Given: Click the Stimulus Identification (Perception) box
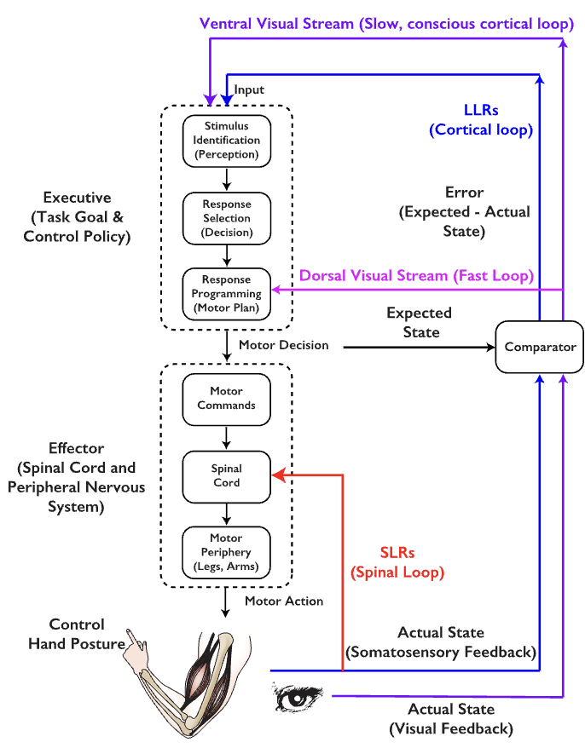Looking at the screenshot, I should click(x=226, y=141).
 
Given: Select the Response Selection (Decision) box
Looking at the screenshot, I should click(x=226, y=218).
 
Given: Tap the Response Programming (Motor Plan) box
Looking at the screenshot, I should click(x=226, y=293).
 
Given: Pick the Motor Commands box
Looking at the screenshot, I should click(x=226, y=399).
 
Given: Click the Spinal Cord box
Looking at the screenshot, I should click(x=226, y=475).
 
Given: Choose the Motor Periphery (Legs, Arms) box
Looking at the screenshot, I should click(x=226, y=552).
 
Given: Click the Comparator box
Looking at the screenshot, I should click(x=540, y=347).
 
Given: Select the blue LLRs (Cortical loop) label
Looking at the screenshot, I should click(x=481, y=119).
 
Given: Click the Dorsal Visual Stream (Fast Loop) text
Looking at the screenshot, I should click(x=417, y=275).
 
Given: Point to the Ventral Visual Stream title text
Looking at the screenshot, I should click(x=386, y=24).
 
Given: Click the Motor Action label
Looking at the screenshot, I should click(x=284, y=601).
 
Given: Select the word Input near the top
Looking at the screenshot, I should click(x=249, y=89).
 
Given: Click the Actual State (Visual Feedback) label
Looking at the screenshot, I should click(x=451, y=719).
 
